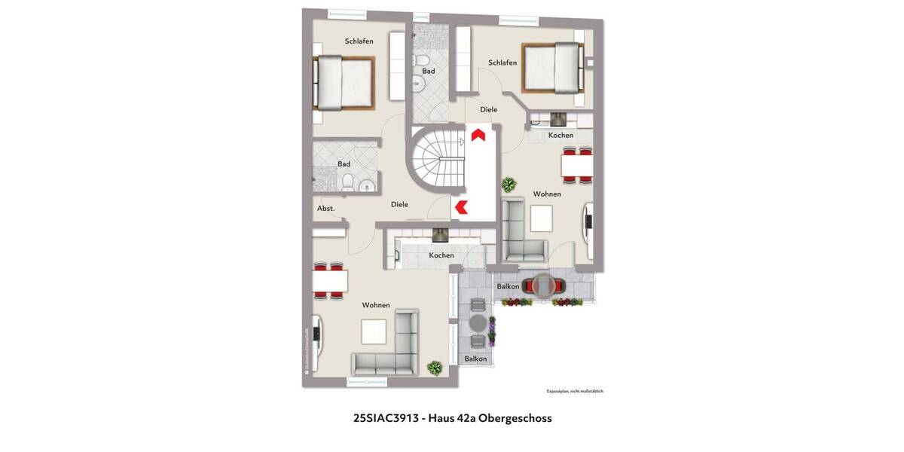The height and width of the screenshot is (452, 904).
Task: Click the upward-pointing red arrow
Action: pyautogui.click(x=478, y=135)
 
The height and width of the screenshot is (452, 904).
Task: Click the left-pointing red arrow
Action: pyautogui.click(x=460, y=206)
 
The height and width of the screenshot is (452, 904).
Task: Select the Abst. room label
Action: pyautogui.click(x=325, y=208)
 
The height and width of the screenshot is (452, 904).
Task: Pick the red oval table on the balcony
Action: pyautogui.click(x=545, y=285)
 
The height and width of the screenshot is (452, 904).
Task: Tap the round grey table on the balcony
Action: pyautogui.click(x=478, y=322)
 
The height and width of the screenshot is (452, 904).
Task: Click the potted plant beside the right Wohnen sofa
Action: pyautogui.click(x=509, y=184)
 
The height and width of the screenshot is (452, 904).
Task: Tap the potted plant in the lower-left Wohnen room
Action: pyautogui.click(x=434, y=368)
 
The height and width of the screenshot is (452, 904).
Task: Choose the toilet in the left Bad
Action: pyautogui.click(x=347, y=182)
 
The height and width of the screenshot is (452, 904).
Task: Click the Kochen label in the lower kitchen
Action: pyautogui.click(x=441, y=255)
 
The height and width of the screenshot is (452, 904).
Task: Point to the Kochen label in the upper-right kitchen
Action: pyautogui.click(x=560, y=136)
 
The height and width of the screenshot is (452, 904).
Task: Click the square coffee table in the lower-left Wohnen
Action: pyautogui.click(x=373, y=331)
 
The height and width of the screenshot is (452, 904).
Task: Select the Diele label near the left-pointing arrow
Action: pyautogui.click(x=399, y=204)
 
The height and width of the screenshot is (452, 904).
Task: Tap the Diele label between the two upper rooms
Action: pyautogui.click(x=488, y=109)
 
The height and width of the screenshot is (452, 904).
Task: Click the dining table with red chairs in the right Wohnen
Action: pyautogui.click(x=577, y=165)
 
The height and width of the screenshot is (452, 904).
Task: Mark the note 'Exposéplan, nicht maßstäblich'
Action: pyautogui.click(x=575, y=391)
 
